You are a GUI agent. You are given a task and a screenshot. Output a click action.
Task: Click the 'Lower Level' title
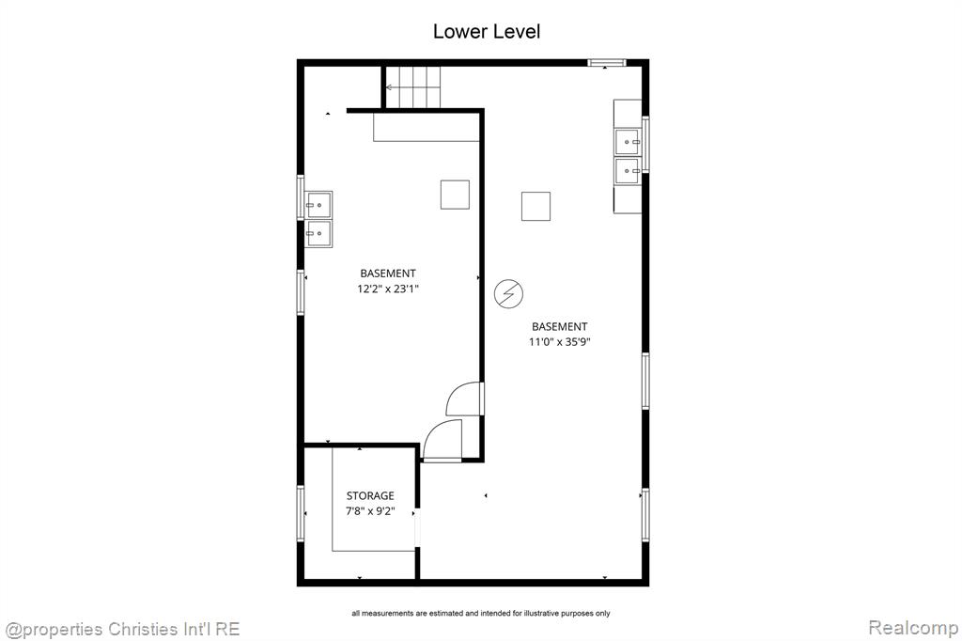click(x=487, y=31)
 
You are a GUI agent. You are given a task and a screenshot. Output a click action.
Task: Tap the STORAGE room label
click(x=370, y=495)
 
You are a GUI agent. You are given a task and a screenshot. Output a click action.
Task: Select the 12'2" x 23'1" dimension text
click(x=388, y=289)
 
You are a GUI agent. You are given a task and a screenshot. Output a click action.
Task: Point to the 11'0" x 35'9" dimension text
click(x=560, y=342)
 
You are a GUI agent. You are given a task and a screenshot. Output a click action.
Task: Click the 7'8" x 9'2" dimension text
click(x=370, y=511)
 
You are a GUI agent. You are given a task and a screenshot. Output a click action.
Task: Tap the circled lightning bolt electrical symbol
click(x=508, y=293)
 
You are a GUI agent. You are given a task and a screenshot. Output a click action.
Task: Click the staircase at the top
click(x=413, y=87)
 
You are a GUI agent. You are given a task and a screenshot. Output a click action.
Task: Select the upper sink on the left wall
click(x=319, y=205)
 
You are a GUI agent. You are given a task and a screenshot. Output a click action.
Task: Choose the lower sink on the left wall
click(x=319, y=234)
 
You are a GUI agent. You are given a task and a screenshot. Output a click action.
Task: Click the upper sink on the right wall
click(x=628, y=142)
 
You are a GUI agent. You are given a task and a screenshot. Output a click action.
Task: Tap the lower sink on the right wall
click(x=628, y=171)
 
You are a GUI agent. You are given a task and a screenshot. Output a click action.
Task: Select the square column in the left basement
click(x=455, y=195)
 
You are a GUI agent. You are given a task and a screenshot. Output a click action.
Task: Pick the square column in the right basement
click(x=535, y=206)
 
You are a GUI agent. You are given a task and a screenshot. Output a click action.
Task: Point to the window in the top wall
click(x=606, y=62)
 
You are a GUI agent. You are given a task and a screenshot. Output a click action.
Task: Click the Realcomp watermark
click(x=913, y=628)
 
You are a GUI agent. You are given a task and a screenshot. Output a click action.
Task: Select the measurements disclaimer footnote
click(x=481, y=613)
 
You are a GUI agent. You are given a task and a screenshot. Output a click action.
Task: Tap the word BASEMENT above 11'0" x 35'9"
click(x=560, y=327)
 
